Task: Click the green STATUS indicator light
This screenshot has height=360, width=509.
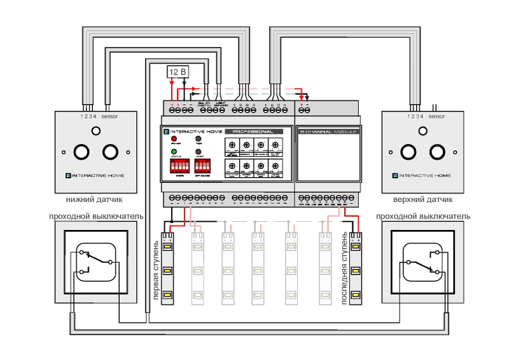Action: (x=173, y=152)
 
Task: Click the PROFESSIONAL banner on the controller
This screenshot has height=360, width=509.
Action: (x=253, y=131)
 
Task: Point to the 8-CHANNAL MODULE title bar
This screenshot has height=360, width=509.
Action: (x=328, y=131)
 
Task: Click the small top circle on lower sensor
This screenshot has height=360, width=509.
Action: (x=95, y=131)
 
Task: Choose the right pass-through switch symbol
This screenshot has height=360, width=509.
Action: (x=421, y=262)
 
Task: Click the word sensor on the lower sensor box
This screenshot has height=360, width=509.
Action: (x=110, y=117)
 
